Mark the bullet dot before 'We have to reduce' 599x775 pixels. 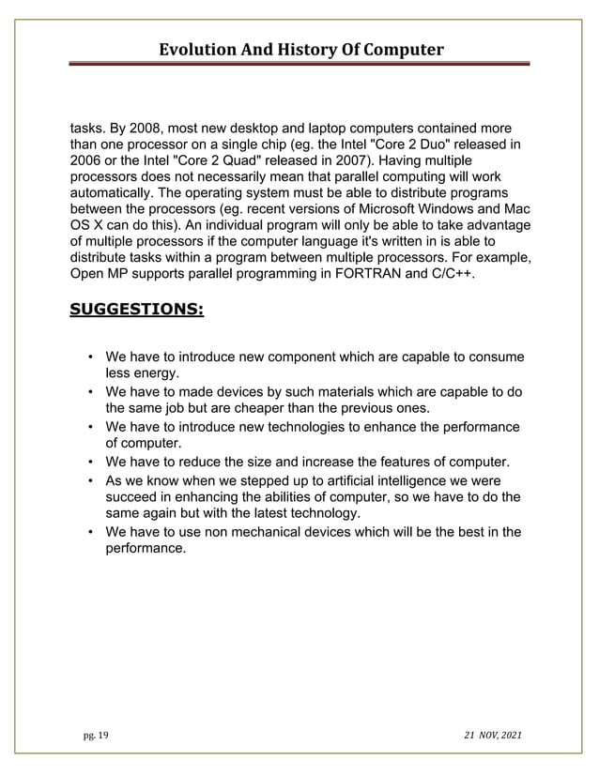click(x=89, y=462)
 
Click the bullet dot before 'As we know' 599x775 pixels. click(x=89, y=479)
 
